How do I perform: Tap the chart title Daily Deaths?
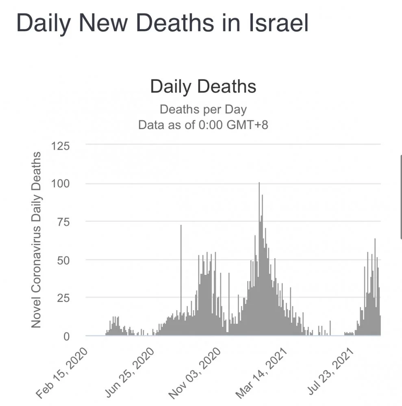[x=203, y=86]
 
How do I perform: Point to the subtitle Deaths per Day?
[x=203, y=109]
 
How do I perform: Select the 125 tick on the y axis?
[x=60, y=145]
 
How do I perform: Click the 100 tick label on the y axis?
[x=60, y=184]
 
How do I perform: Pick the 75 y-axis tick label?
[x=63, y=222]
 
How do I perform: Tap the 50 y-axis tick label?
[x=63, y=260]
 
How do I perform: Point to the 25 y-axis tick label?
[x=63, y=298]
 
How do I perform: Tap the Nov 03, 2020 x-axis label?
[x=197, y=371]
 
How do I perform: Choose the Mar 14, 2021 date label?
[x=263, y=371]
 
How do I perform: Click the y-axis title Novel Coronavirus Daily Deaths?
[x=36, y=240]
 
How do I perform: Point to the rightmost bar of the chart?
[x=380, y=325]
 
